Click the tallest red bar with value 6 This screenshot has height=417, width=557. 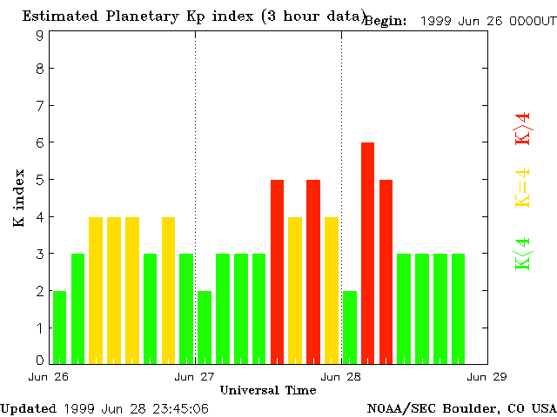[x=367, y=252]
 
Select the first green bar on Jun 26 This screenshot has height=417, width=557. [x=59, y=327]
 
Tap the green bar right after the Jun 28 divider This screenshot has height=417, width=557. [x=350, y=327]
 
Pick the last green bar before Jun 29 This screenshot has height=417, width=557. [x=459, y=308]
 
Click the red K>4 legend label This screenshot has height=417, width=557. [x=522, y=128]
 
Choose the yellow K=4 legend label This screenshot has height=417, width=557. [x=522, y=188]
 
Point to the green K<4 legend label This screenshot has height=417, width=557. [x=522, y=254]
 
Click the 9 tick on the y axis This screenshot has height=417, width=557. [x=40, y=36]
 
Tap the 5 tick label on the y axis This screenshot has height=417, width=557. [x=40, y=180]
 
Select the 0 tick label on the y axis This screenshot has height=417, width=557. [x=40, y=360]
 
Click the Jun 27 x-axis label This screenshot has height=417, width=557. [x=195, y=377]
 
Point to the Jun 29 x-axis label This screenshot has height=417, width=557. [x=487, y=377]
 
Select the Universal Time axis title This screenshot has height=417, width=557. [x=267, y=390]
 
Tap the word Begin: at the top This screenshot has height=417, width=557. [x=385, y=21]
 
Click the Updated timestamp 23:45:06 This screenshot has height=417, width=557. [x=178, y=407]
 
